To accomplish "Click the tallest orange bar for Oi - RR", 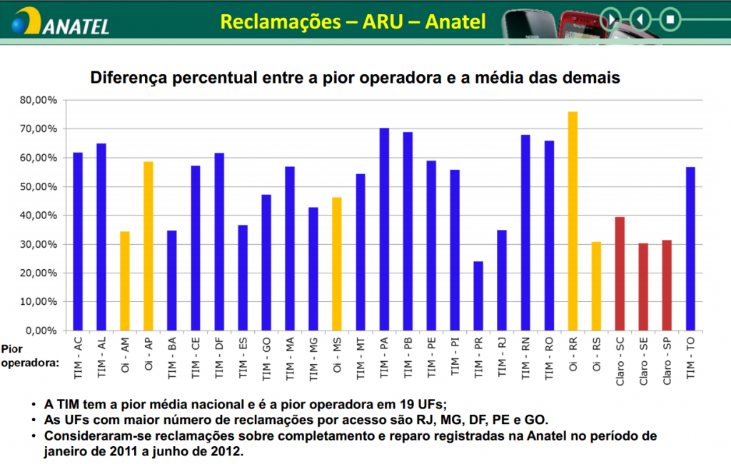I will click(573, 221).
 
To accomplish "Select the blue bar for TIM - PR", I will click(478, 296).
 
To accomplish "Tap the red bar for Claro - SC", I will click(620, 273).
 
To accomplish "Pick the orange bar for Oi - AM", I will click(125, 281).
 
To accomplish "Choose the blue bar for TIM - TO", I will click(690, 248).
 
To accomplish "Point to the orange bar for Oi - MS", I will click(337, 263).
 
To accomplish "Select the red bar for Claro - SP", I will click(667, 285).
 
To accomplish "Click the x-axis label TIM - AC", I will click(78, 357).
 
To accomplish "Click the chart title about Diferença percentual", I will click(355, 77).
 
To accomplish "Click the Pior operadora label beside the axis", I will click(29, 356).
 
